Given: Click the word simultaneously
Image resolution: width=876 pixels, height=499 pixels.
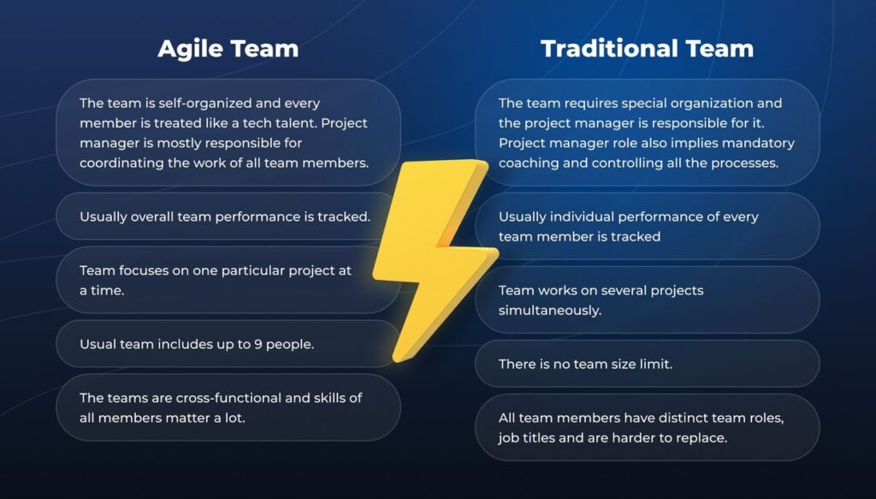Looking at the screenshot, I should tap(550, 310).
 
